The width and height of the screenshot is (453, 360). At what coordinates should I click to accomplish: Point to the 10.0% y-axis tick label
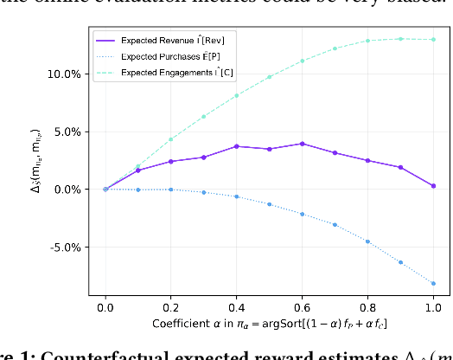click(63, 74)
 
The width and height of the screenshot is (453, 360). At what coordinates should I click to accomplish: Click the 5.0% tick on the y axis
click(66, 132)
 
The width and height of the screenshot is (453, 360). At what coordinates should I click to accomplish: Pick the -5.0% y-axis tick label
click(64, 247)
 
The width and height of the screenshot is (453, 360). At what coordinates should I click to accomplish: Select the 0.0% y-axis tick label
click(66, 190)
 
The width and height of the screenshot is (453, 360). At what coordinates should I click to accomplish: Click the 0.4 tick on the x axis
click(236, 305)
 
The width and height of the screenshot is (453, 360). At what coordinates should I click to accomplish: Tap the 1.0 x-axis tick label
click(433, 305)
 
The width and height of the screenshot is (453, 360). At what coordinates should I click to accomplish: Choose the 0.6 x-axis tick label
click(302, 305)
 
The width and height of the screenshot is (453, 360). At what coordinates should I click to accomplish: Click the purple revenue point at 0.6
click(302, 144)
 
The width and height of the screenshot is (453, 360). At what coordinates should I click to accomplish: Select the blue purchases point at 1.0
click(433, 283)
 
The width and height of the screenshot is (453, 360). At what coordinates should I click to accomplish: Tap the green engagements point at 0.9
click(400, 39)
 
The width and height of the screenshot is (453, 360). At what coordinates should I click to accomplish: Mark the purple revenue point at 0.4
click(236, 146)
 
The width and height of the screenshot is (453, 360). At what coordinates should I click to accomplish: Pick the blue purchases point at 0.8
click(367, 241)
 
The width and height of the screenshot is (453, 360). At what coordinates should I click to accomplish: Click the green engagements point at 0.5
click(269, 77)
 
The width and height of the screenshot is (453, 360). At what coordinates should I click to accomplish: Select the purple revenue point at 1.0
click(433, 186)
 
